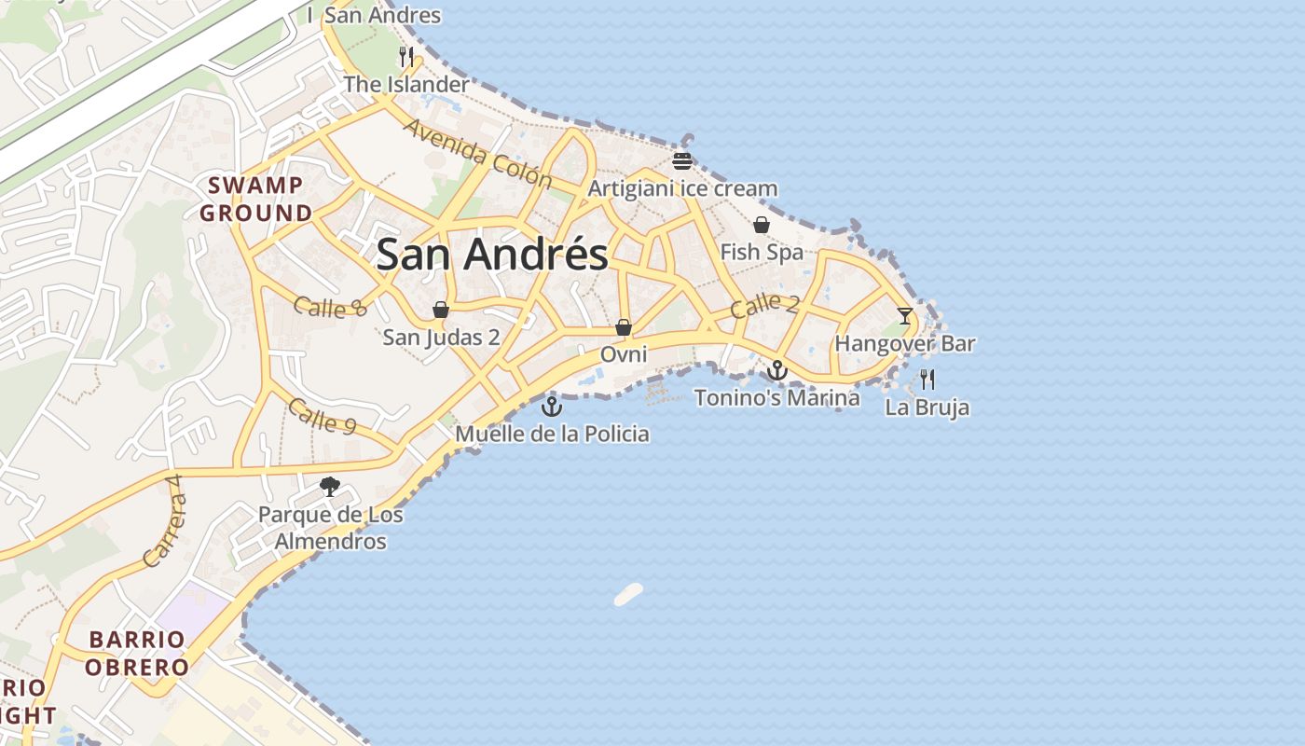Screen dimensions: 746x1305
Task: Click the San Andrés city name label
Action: [x=492, y=255]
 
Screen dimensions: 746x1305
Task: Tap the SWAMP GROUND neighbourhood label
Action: [x=256, y=199]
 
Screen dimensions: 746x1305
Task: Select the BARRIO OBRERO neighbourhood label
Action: [x=137, y=654]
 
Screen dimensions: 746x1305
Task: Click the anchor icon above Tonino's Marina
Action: [x=777, y=371]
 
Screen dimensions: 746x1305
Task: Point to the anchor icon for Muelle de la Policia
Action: [x=553, y=407]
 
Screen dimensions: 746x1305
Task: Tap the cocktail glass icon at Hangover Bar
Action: [x=905, y=315]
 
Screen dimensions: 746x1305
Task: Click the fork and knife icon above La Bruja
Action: [x=927, y=380]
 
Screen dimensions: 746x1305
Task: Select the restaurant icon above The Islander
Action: [x=405, y=57]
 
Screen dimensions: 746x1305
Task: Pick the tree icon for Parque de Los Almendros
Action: [x=329, y=486]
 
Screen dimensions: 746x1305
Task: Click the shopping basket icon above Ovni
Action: [x=624, y=327]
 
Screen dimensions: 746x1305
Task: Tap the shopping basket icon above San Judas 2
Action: [x=441, y=310]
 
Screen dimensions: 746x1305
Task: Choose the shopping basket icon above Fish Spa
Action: [x=762, y=225]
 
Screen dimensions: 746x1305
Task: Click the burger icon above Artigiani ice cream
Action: [x=682, y=160]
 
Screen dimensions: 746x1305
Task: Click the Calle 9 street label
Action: [x=322, y=417]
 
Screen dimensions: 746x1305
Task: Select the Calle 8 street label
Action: [x=330, y=307]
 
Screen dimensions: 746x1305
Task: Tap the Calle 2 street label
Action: [x=764, y=305]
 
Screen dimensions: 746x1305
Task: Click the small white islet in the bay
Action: [x=629, y=594]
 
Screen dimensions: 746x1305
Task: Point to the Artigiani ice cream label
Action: [x=682, y=188]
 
